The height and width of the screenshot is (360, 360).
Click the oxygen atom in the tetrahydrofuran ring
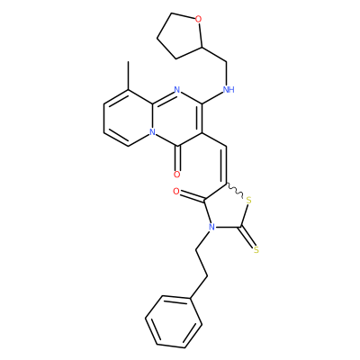(x=198, y=20)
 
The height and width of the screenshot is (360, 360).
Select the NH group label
(x=229, y=89)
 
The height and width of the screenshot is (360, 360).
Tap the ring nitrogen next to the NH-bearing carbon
(x=177, y=89)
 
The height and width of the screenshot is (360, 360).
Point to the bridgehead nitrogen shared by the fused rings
(x=152, y=132)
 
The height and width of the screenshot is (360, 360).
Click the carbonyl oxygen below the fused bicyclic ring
(x=177, y=175)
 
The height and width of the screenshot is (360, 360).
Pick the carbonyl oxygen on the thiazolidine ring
(x=176, y=191)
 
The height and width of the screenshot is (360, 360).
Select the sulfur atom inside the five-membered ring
(x=248, y=201)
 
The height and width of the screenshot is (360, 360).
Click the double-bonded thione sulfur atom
(x=256, y=249)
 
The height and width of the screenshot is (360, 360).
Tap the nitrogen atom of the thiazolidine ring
(x=211, y=227)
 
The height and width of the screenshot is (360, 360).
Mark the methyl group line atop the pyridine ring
(x=129, y=76)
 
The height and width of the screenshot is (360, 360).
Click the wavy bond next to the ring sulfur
(x=234, y=190)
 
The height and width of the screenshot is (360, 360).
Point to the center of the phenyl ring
(x=174, y=322)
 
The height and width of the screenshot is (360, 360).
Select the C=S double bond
(x=247, y=238)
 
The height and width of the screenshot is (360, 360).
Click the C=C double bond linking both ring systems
(x=226, y=165)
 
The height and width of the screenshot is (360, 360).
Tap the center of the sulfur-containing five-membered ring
(x=227, y=210)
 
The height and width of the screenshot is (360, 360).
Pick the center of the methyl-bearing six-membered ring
(x=129, y=118)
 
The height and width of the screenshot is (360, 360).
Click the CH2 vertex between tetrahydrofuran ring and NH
(x=226, y=62)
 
